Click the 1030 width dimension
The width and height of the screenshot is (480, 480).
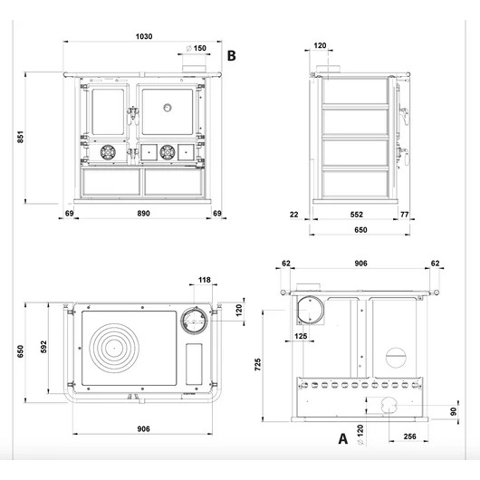click(x=144, y=36)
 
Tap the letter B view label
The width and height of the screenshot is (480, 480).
click(x=232, y=56)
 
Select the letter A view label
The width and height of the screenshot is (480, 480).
click(x=343, y=438)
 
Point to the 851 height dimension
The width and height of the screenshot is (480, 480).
click(x=20, y=137)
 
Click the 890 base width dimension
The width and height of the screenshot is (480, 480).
click(x=143, y=214)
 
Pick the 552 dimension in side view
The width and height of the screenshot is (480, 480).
click(x=357, y=215)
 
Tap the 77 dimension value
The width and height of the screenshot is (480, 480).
click(x=405, y=215)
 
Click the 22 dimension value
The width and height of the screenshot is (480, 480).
click(x=293, y=215)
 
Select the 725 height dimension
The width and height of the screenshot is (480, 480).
click(x=258, y=365)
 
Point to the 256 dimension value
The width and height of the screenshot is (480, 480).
click(x=409, y=437)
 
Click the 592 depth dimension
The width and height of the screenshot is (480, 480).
click(x=43, y=347)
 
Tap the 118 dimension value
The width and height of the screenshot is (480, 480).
click(x=204, y=280)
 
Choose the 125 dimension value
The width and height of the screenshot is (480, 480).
click(x=301, y=336)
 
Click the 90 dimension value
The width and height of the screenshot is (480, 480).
click(x=454, y=411)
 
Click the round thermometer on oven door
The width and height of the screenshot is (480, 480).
click(x=168, y=108)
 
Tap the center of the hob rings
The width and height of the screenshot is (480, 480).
click(x=114, y=348)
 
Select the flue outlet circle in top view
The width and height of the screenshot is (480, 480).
click(x=195, y=321)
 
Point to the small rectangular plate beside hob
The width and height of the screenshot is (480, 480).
click(x=194, y=364)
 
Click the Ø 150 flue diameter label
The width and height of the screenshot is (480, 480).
click(x=197, y=48)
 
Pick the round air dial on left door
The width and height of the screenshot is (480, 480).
click(x=108, y=152)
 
